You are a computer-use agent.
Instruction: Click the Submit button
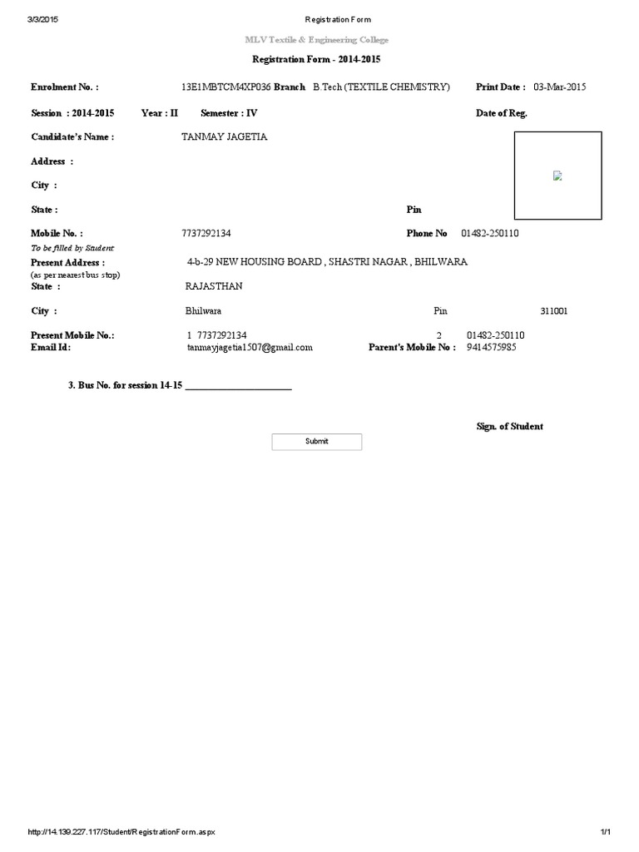317,442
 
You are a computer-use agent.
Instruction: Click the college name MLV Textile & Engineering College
316,40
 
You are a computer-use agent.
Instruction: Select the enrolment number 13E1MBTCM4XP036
225,87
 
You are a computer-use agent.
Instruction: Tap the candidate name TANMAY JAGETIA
225,136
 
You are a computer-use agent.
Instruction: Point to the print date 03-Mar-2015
560,87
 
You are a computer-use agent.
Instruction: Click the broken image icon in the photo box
557,176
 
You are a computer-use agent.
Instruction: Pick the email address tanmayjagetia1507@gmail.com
250,347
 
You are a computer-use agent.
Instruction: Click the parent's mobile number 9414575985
492,347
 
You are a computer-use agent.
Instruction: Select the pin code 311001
554,311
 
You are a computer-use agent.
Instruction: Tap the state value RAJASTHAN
214,286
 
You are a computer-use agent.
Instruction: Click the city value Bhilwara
203,311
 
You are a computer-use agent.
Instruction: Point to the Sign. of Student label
509,426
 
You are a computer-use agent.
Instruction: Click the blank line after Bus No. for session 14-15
238,388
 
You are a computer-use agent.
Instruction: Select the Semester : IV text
230,113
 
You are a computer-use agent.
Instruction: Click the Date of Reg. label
501,113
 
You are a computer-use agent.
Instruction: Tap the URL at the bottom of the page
126,832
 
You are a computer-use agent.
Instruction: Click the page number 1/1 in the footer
606,832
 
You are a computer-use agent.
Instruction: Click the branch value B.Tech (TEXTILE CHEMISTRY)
381,87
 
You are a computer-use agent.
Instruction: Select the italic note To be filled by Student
72,248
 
